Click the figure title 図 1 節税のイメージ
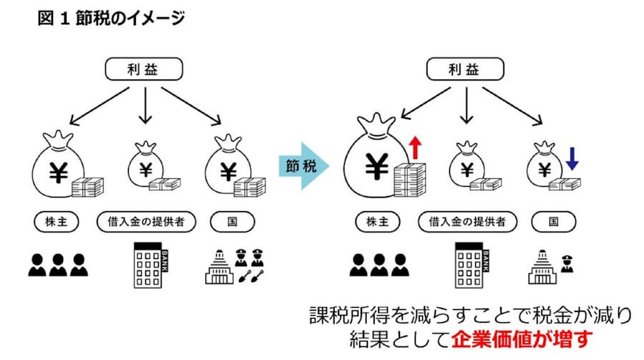(x=111, y=19)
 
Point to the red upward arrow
(x=414, y=150)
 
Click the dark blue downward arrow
(x=571, y=157)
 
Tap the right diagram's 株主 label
(x=377, y=221)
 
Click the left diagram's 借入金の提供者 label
(x=146, y=221)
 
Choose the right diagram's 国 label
(x=554, y=221)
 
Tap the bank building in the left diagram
(x=148, y=265)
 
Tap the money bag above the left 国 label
(x=228, y=167)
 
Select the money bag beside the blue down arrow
(x=545, y=167)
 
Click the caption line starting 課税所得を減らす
(x=472, y=314)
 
